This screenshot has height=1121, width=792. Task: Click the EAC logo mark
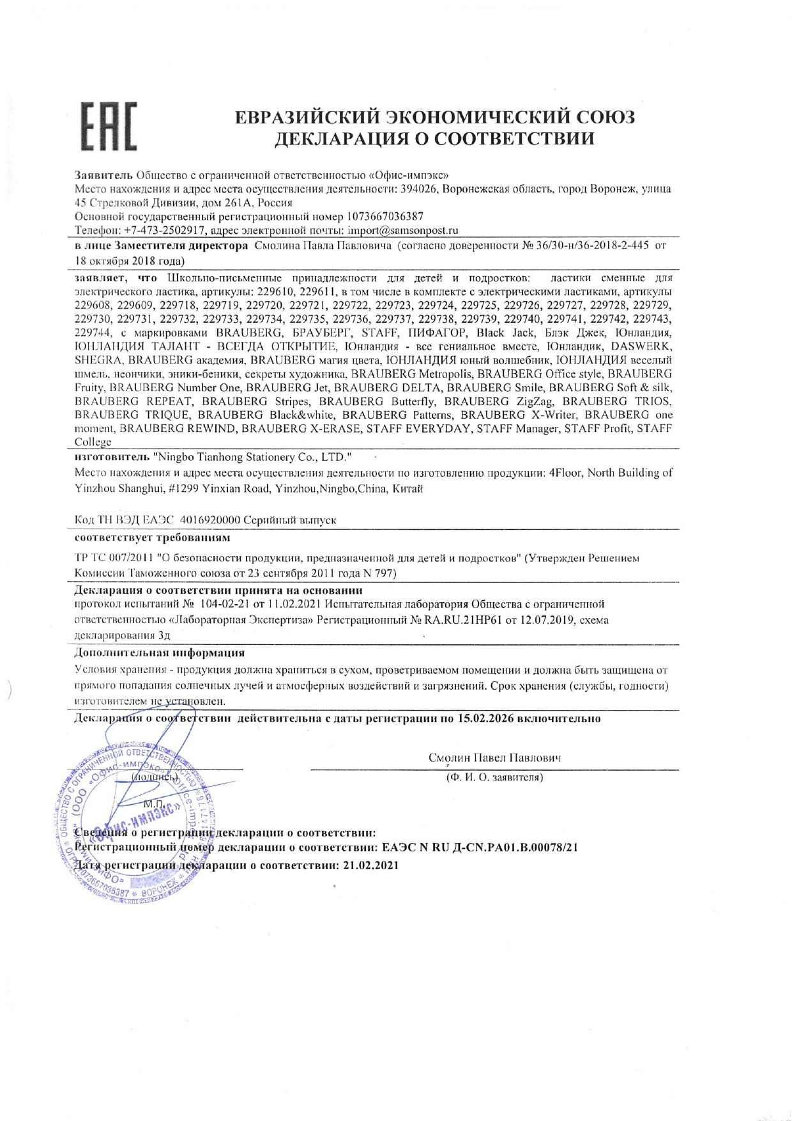(109, 126)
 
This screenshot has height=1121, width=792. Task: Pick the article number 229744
(93, 333)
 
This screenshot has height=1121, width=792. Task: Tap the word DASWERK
(641, 346)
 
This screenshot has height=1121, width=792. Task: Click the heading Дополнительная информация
(160, 653)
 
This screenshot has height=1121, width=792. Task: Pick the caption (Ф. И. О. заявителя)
(495, 777)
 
